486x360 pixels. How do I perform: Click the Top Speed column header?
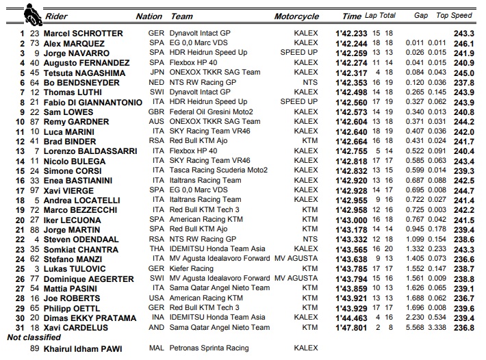(454, 16)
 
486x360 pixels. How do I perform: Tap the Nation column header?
(149, 16)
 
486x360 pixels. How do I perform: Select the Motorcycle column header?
(296, 16)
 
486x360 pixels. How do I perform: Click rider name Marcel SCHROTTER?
(83, 33)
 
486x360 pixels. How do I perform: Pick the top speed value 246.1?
(463, 43)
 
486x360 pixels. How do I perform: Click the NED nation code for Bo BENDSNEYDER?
(156, 82)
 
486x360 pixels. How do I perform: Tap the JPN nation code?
(156, 73)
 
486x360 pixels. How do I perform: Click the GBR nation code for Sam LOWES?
(156, 112)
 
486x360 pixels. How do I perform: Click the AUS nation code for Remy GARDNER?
(156, 122)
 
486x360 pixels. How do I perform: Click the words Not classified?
(34, 337)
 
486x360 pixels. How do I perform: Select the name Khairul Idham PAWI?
(84, 348)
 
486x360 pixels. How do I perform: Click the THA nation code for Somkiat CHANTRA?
(156, 249)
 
